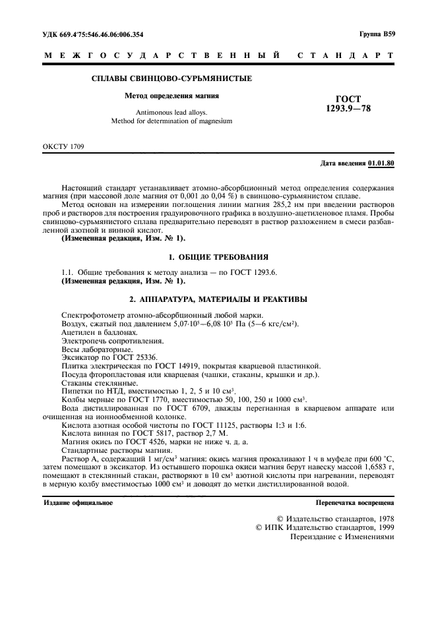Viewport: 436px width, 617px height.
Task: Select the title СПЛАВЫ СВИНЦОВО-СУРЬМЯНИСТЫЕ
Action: pos(171,79)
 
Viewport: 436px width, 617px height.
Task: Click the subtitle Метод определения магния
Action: pos(172,96)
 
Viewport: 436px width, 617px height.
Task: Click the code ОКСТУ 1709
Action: pos(63,145)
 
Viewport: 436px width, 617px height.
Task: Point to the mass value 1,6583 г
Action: pos(376,465)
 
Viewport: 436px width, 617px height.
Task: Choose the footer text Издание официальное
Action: pos(78,502)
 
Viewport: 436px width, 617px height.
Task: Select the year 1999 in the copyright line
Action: pos(384,527)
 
